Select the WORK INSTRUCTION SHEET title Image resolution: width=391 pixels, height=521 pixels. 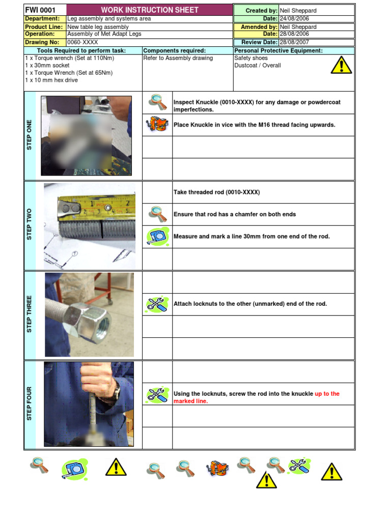150,10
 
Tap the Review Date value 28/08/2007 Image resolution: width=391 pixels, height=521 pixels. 294,42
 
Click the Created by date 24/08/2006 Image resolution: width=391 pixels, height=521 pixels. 294,18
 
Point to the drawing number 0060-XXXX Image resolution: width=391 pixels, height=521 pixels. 82,42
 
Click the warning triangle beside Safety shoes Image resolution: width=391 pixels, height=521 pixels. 341,65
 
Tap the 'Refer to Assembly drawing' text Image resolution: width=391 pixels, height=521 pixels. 178,58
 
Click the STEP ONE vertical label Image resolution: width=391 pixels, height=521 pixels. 30,135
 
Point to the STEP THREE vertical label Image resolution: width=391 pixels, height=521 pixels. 30,314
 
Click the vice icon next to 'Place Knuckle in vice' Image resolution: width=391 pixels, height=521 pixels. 157,125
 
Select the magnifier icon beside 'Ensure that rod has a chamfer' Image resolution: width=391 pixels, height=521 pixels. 157,214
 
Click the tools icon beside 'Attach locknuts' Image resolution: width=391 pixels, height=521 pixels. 157,304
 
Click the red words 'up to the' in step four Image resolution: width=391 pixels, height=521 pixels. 327,394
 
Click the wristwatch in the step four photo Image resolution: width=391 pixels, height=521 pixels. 117,391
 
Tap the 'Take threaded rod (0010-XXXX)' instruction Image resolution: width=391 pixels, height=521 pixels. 216,192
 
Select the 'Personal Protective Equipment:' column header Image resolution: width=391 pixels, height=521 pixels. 278,51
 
